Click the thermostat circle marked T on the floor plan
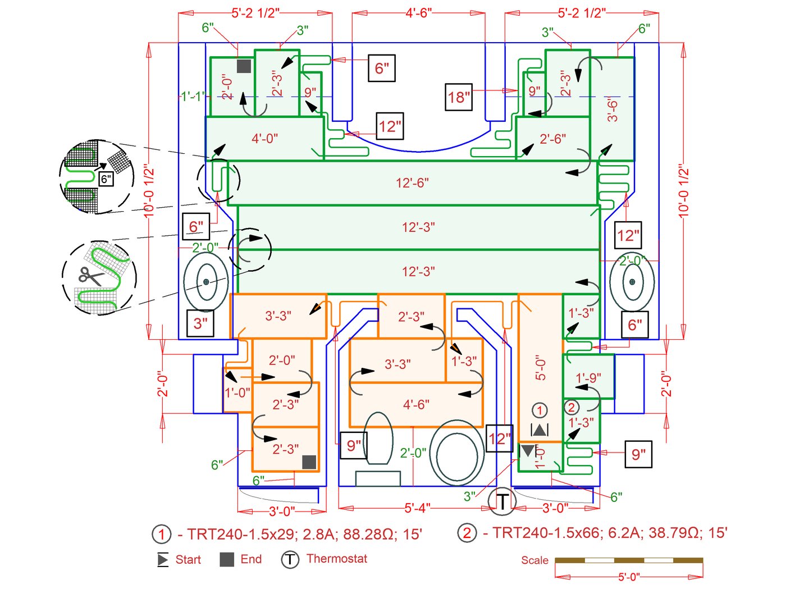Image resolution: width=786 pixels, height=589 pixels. pyautogui.click(x=502, y=501)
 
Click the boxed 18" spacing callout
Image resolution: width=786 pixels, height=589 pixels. pyautogui.click(x=458, y=97)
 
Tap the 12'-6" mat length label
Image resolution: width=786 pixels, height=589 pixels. pyautogui.click(x=412, y=183)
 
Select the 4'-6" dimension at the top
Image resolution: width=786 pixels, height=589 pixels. pyautogui.click(x=419, y=13)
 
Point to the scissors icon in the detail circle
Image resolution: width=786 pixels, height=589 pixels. pyautogui.click(x=90, y=276)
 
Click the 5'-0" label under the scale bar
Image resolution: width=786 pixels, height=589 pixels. pyautogui.click(x=629, y=577)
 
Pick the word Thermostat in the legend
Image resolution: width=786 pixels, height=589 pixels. pyautogui.click(x=337, y=559)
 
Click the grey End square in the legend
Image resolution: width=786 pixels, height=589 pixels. pyautogui.click(x=227, y=559)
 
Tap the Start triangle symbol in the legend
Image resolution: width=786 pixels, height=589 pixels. pyautogui.click(x=163, y=559)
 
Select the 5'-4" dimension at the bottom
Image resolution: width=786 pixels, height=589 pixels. pyautogui.click(x=417, y=508)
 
